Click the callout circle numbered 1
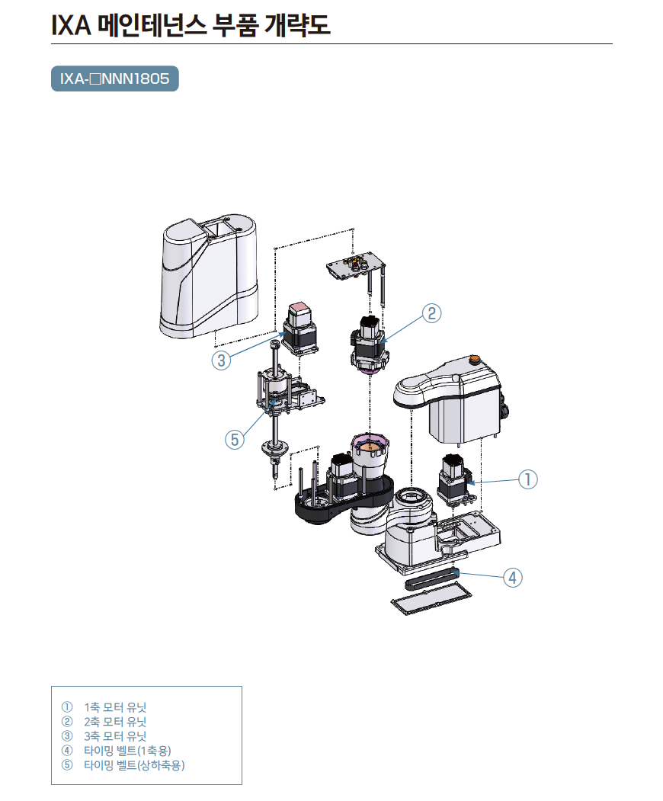(528, 479)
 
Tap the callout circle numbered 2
(431, 313)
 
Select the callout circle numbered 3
(221, 360)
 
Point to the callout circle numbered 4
(513, 578)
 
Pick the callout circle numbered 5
(235, 439)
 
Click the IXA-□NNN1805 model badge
(115, 78)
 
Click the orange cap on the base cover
(475, 359)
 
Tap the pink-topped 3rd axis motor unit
(300, 328)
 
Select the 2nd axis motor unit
(368, 344)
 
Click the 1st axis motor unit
(454, 479)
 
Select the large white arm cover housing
(209, 277)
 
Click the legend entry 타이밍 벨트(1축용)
(127, 751)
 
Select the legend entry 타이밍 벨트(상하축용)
(134, 764)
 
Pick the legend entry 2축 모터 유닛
(115, 722)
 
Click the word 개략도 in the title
(297, 24)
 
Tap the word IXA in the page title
(71, 25)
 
